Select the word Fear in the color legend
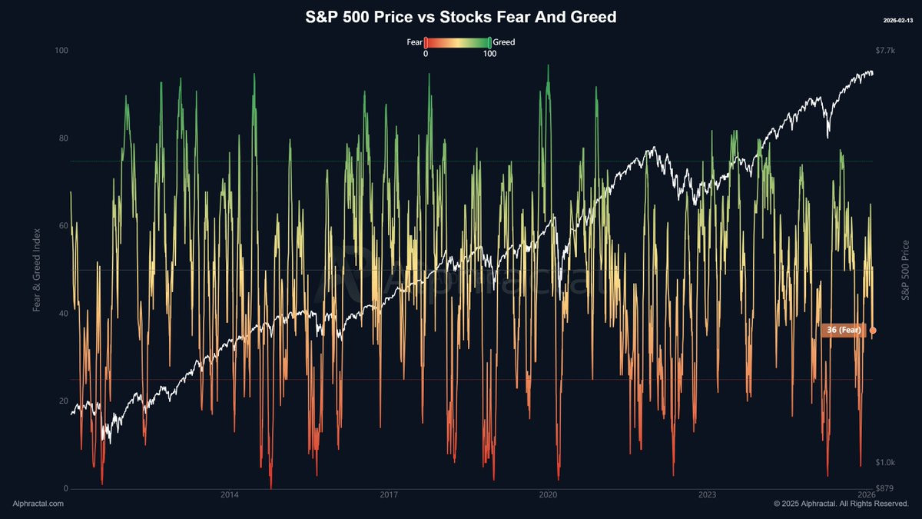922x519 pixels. pyautogui.click(x=415, y=42)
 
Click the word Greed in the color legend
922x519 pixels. pyautogui.click(x=503, y=42)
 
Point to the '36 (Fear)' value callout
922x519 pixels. pyautogui.click(x=842, y=330)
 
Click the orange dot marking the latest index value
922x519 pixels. pyautogui.click(x=873, y=331)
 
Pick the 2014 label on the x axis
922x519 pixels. pyautogui.click(x=229, y=494)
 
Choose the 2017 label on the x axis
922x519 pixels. pyautogui.click(x=389, y=494)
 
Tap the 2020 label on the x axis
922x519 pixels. pyautogui.click(x=548, y=494)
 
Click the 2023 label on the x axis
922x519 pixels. pyautogui.click(x=707, y=494)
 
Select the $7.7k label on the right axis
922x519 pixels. pyautogui.click(x=885, y=51)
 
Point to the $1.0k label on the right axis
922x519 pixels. pyautogui.click(x=885, y=463)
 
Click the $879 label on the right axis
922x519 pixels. pyautogui.click(x=884, y=489)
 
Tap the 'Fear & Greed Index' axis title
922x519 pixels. pyautogui.click(x=37, y=270)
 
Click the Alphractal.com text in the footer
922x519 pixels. pyautogui.click(x=38, y=504)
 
